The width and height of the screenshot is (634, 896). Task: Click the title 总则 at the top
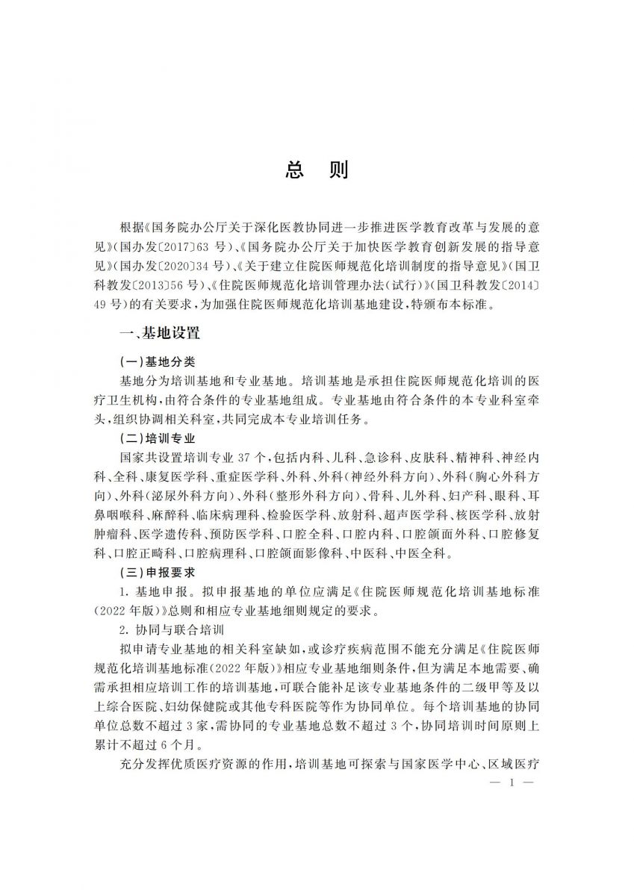tap(317, 171)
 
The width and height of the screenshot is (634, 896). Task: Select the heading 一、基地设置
tap(159, 332)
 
